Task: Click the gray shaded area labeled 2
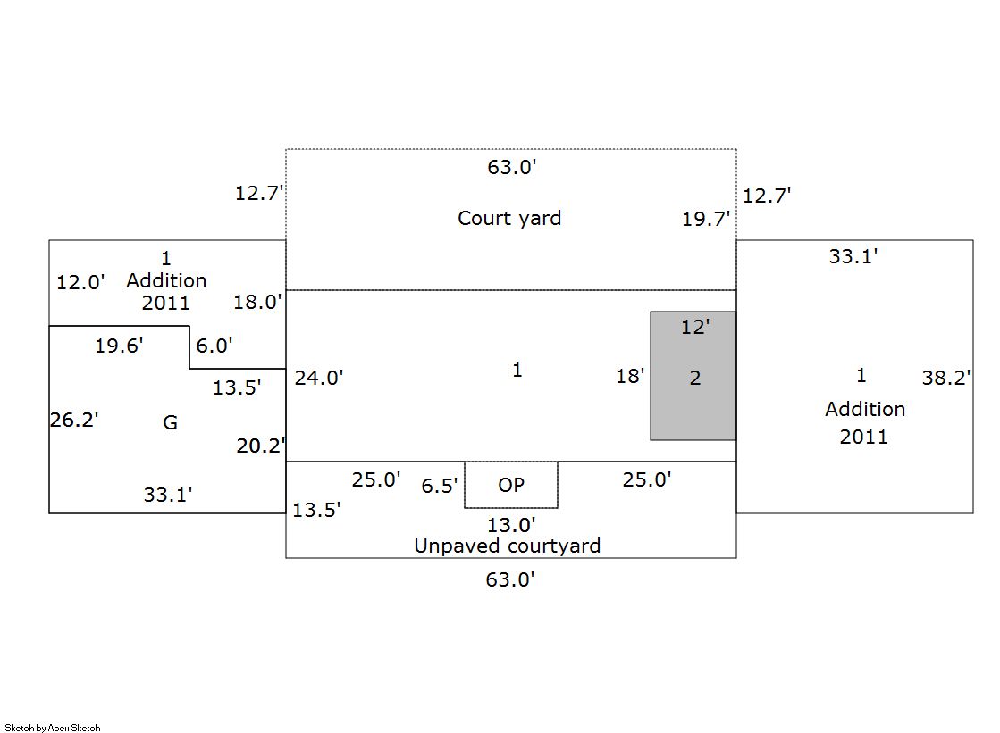tap(693, 402)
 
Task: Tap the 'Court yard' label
tap(509, 218)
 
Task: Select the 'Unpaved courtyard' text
tap(507, 546)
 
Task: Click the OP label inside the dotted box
tap(511, 485)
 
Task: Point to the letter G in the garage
tap(170, 422)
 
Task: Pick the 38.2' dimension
tap(946, 378)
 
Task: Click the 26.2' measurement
tap(74, 420)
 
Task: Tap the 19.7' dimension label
tap(706, 219)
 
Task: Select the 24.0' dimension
tap(319, 378)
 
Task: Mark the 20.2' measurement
tap(261, 446)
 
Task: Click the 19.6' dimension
tap(119, 346)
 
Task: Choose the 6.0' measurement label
tap(214, 346)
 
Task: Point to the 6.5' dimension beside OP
tap(440, 486)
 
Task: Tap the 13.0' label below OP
tap(510, 525)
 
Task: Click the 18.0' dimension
tap(257, 302)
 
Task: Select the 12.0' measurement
tap(80, 282)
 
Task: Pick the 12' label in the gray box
tap(694, 327)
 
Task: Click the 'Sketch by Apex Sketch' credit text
tap(53, 728)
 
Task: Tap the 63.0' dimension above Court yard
tap(511, 167)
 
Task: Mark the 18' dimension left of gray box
tap(630, 376)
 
